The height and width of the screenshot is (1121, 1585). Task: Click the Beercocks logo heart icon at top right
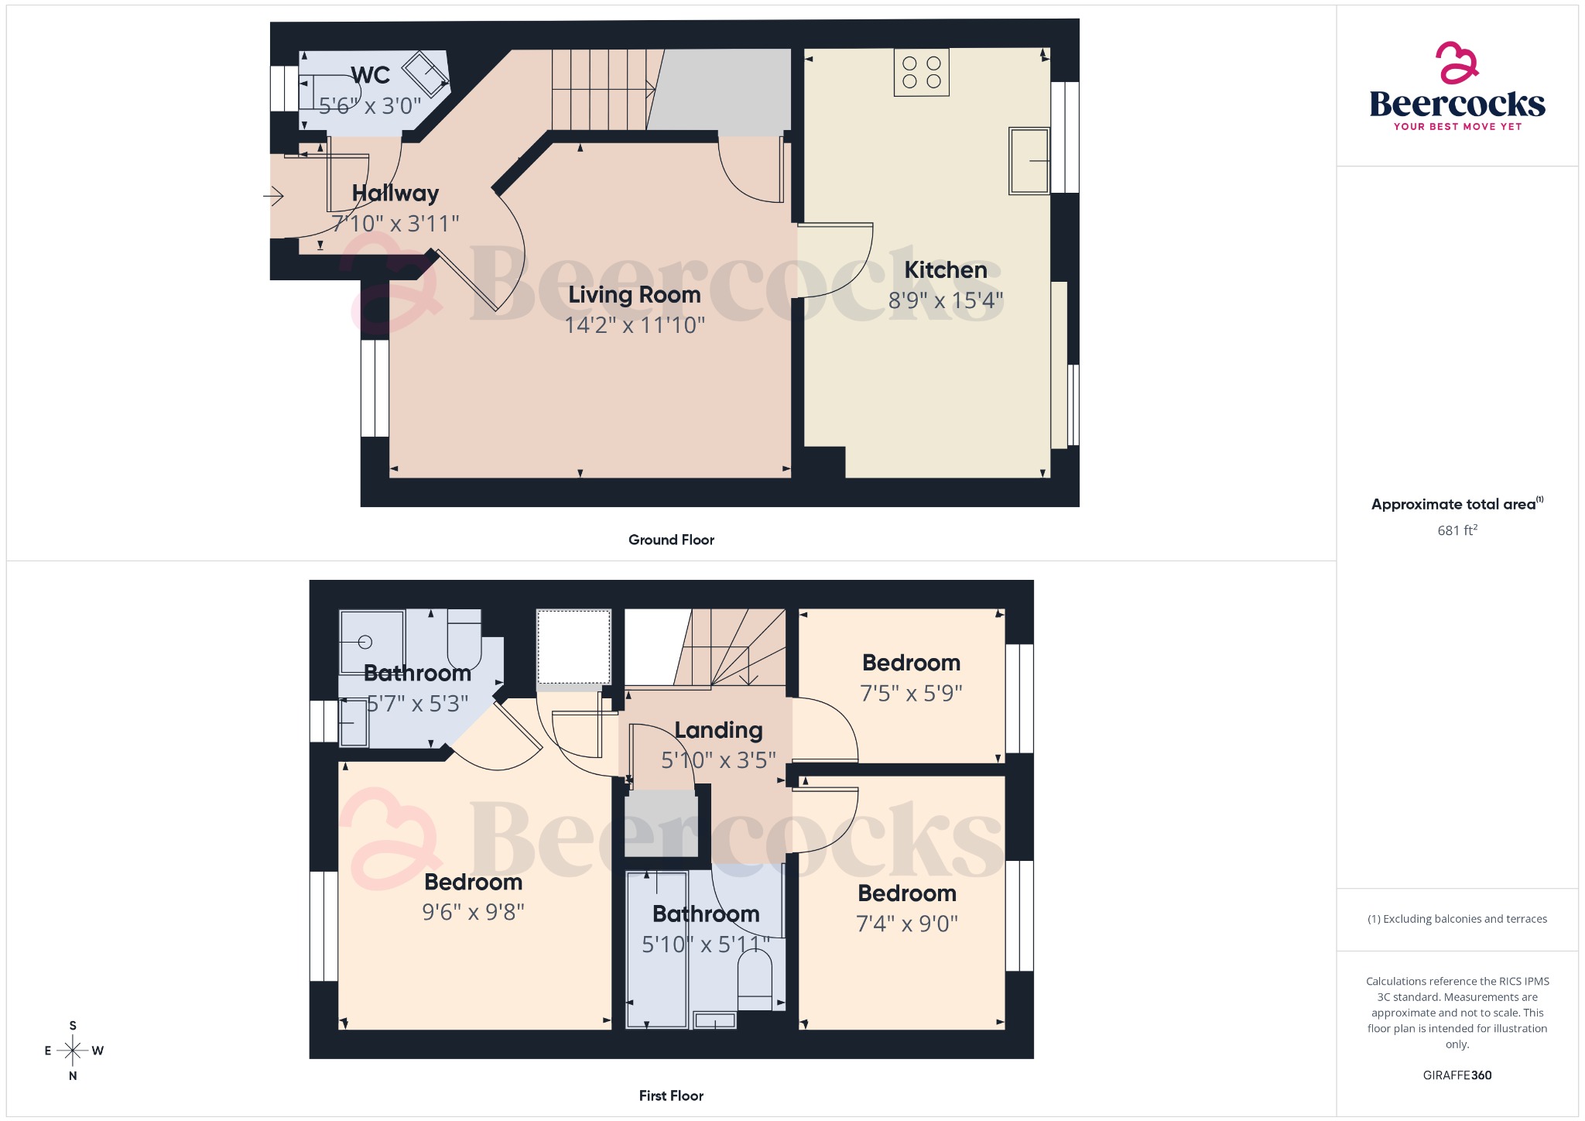1457,63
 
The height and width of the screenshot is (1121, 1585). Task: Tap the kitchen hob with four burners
921,73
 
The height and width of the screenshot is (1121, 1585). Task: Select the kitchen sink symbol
1029,161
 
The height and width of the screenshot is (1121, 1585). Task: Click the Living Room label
635,295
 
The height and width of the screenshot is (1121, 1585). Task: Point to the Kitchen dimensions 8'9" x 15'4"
945,300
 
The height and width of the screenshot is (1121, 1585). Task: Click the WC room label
370,76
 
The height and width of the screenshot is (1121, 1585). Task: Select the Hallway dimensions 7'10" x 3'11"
395,224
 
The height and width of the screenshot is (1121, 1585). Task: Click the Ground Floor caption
671,540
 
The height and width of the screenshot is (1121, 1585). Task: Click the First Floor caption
671,1095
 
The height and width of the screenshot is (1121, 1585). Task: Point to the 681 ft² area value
1457,530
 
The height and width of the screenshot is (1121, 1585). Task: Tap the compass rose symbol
73,1051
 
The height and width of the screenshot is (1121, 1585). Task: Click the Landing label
718,730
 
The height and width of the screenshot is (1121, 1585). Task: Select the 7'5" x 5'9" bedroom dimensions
911,693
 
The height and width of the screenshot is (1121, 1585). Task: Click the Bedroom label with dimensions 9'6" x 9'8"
473,883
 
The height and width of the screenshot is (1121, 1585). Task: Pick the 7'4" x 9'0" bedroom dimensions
907,924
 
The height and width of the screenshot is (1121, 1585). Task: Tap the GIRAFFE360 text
1457,1075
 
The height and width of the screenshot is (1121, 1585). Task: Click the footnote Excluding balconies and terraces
1457,919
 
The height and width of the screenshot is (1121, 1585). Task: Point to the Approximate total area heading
1453,505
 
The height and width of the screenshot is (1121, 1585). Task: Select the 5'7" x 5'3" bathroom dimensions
418,704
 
